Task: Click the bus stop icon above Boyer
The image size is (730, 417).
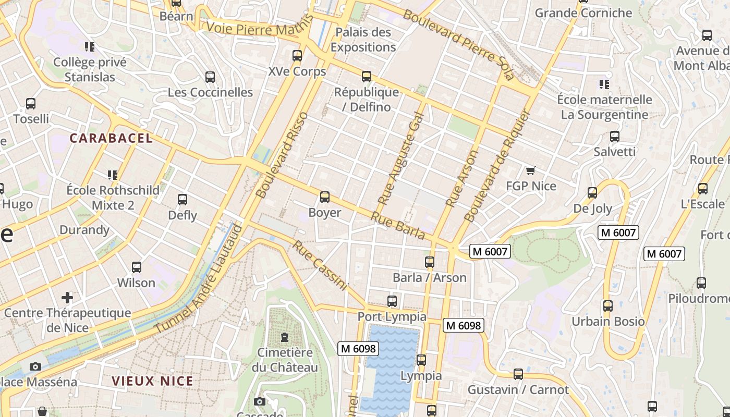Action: point(325,197)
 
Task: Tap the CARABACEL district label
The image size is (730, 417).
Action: point(111,138)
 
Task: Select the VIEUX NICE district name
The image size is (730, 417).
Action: point(152,381)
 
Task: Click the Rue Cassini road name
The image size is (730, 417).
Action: point(320,265)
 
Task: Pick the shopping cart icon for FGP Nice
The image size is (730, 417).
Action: point(531,170)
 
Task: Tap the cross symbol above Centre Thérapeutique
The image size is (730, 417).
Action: point(67,298)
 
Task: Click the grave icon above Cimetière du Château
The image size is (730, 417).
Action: point(285,337)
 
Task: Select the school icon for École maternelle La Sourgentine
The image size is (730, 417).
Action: point(604,84)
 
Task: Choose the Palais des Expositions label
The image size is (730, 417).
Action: point(363,40)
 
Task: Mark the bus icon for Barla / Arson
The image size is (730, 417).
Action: point(430,262)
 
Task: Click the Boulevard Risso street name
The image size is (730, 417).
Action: point(282,155)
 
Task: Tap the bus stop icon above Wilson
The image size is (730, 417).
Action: point(137,267)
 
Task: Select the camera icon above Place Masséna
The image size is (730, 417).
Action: point(35,366)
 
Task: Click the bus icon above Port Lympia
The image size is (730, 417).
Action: point(392,301)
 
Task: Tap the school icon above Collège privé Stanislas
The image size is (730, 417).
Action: point(90,47)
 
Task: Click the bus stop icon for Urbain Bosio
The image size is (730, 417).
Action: point(608,306)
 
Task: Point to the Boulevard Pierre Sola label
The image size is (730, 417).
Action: point(458,45)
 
